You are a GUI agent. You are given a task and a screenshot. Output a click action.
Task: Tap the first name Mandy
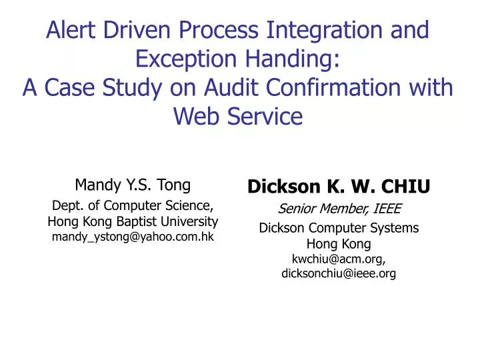tap(93, 185)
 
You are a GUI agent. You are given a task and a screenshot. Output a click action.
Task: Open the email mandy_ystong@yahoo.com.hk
tap(133, 237)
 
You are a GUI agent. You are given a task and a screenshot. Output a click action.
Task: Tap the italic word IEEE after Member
tap(385, 209)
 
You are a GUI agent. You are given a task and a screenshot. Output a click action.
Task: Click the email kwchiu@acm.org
tap(339, 258)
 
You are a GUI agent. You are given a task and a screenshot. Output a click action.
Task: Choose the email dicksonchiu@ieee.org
tap(339, 273)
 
